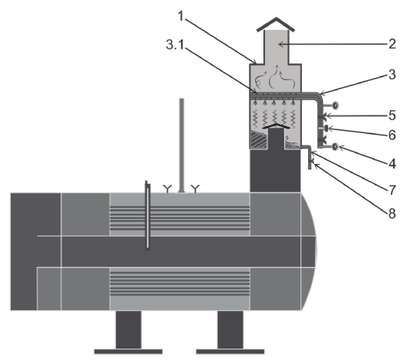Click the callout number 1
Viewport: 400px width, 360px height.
click(x=181, y=16)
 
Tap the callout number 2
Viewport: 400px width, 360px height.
click(x=392, y=44)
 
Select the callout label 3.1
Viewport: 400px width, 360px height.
click(x=175, y=45)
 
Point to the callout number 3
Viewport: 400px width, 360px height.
click(x=392, y=75)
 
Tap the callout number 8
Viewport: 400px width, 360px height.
click(x=392, y=213)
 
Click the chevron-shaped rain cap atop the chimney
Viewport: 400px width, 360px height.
click(x=276, y=23)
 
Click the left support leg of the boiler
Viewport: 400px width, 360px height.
click(x=129, y=330)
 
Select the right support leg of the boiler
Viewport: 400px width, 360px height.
click(x=230, y=330)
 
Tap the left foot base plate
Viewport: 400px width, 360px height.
click(x=128, y=351)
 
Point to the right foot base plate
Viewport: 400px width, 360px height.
click(x=230, y=351)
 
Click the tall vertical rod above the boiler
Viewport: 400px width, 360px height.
click(x=182, y=145)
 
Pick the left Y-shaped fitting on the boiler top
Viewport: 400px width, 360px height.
click(x=167, y=189)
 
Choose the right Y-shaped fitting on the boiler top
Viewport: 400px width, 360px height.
click(x=195, y=189)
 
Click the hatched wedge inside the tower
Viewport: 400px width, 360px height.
click(x=258, y=139)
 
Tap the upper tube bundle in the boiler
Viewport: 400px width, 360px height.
click(x=180, y=218)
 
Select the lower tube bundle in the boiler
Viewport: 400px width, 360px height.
click(x=180, y=283)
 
